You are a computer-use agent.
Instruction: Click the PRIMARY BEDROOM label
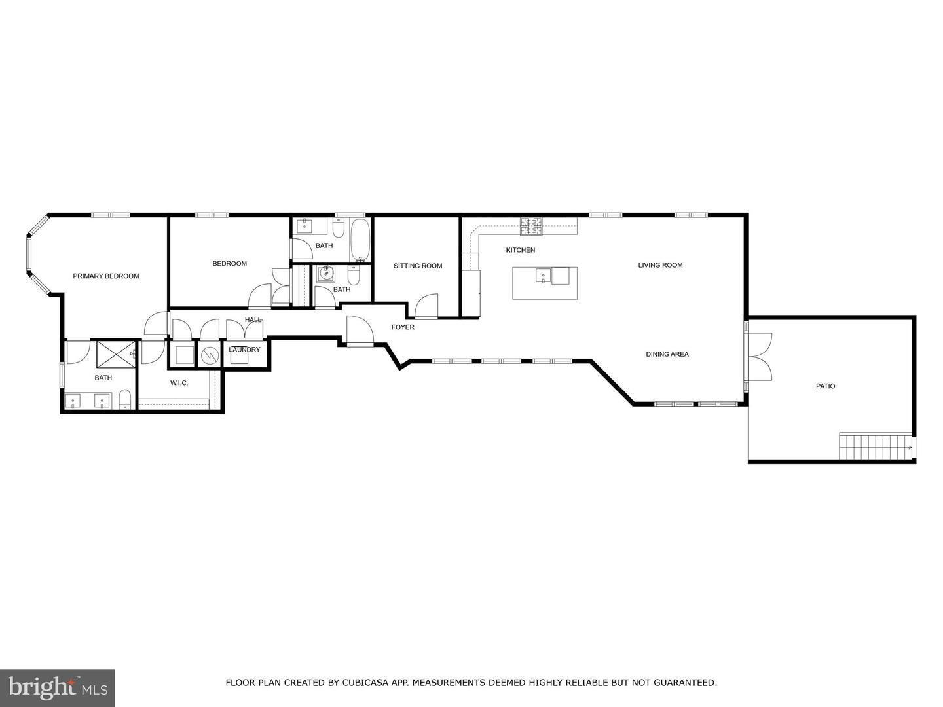pos(105,276)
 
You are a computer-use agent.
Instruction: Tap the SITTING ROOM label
pos(418,266)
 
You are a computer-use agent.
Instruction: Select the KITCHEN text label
pos(521,250)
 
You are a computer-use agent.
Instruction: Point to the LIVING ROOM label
pos(660,265)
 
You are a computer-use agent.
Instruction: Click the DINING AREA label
pos(667,354)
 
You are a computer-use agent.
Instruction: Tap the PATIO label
pos(825,386)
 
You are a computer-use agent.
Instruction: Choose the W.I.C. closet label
pos(179,383)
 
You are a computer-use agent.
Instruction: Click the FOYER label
pos(403,327)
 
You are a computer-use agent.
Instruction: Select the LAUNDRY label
pos(244,350)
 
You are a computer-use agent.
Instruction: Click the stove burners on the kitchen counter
pos(532,227)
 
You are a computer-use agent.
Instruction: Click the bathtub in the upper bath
pos(360,240)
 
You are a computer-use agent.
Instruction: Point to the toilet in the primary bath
pos(126,399)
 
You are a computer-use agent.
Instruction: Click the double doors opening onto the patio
pos(760,357)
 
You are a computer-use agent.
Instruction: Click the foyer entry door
pos(360,331)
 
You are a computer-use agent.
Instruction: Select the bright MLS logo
pos(57,688)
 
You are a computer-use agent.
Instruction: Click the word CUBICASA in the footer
pos(362,683)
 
